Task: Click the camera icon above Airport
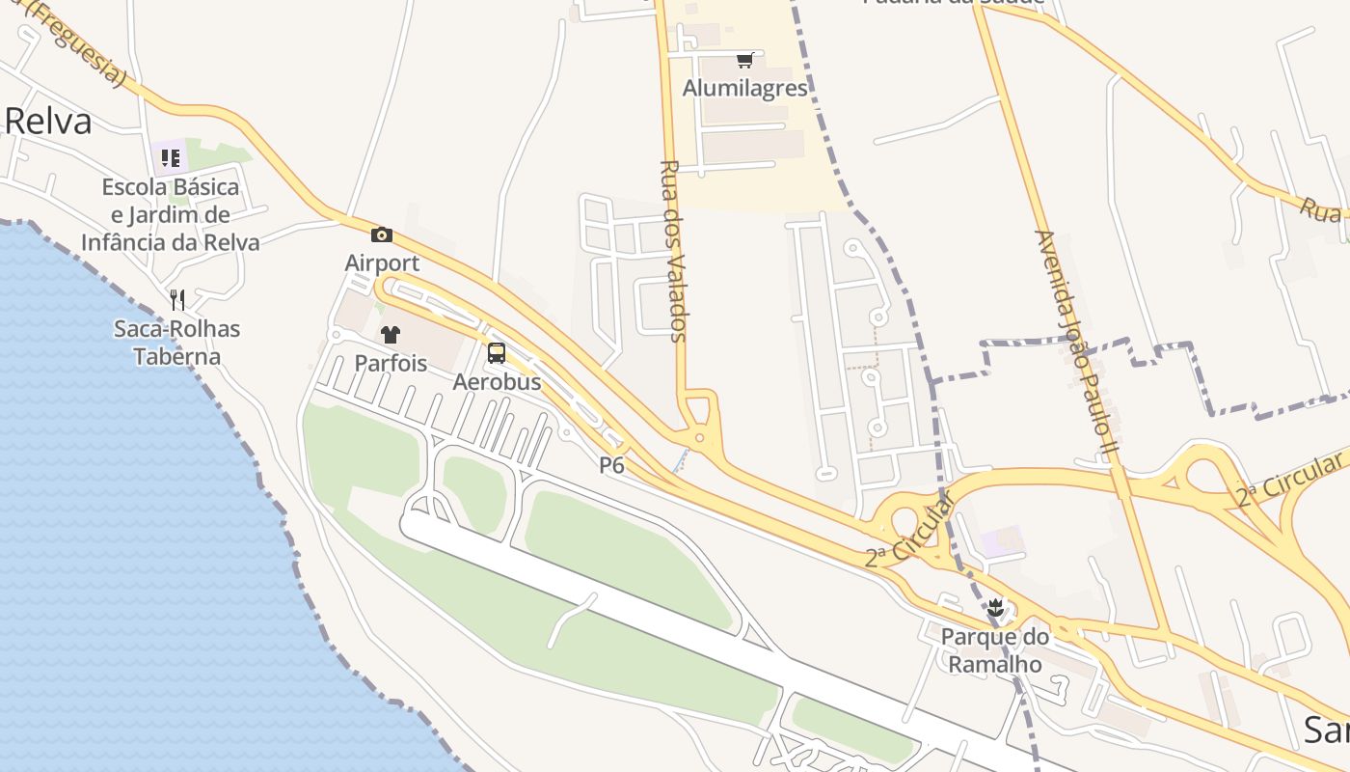[x=382, y=234]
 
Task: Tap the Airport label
[x=382, y=262]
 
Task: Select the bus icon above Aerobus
[x=497, y=353]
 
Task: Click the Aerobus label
[x=497, y=382]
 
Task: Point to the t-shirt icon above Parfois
[x=390, y=335]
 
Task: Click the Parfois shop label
[x=390, y=364]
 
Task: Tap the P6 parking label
[x=612, y=465]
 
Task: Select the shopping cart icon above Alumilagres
[x=744, y=61]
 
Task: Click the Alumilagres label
[x=744, y=89]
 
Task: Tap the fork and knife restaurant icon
[x=176, y=300]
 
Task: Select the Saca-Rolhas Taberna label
[x=176, y=343]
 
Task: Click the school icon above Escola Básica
[x=171, y=157]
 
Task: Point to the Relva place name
[x=48, y=122]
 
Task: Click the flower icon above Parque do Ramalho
[x=995, y=608]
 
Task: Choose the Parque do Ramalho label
[x=994, y=650]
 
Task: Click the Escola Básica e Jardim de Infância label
[x=171, y=214]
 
